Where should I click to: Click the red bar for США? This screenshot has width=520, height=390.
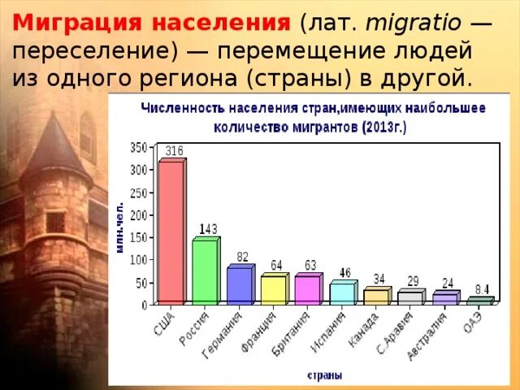pos(171,232)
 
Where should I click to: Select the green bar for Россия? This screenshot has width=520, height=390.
pos(205,271)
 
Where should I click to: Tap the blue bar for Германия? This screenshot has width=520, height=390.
pos(240,285)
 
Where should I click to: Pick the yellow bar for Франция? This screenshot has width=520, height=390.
pos(274,289)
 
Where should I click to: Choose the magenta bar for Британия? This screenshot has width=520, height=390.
pos(308,289)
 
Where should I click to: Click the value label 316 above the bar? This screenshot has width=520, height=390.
pos(174,150)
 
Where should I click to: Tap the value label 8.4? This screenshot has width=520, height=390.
pos(482,288)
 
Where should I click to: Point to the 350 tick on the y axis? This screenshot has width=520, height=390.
pos(138,148)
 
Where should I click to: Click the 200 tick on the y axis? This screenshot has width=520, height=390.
pos(138,214)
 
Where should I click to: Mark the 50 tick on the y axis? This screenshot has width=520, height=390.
pos(141,282)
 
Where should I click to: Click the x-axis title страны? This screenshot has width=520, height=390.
pos(324,375)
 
